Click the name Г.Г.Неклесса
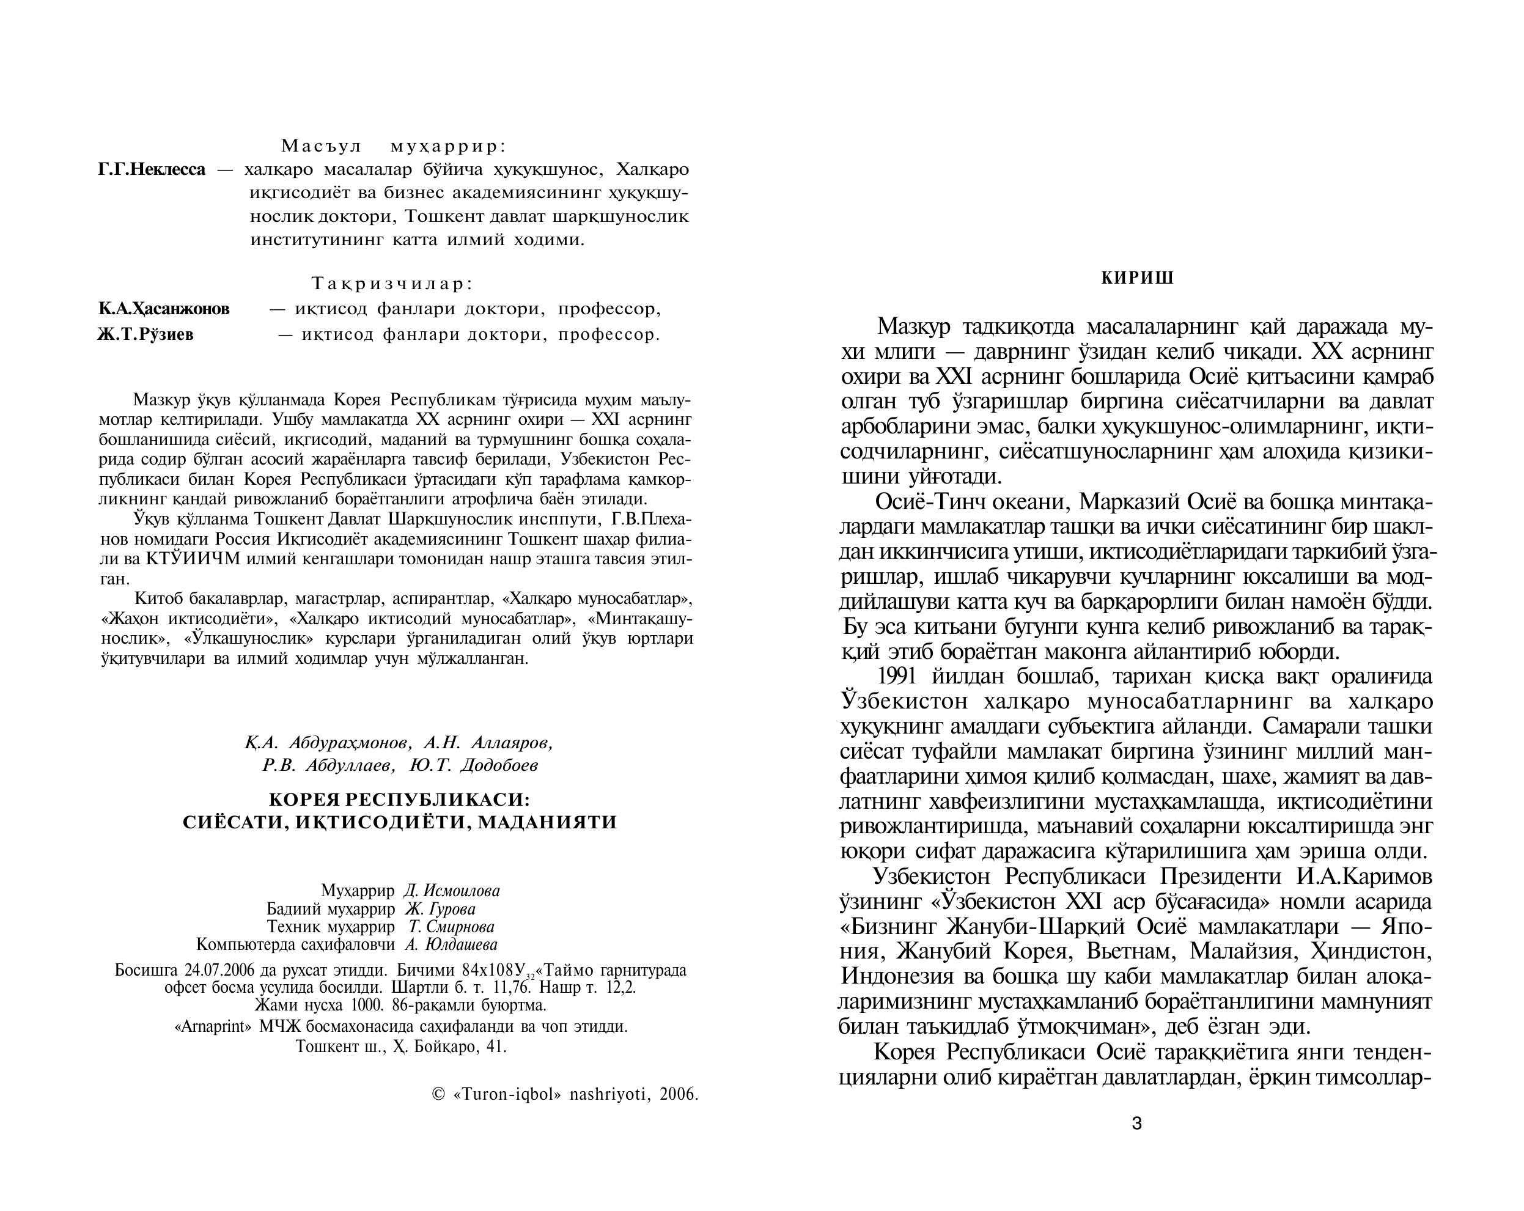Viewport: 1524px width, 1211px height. coord(152,170)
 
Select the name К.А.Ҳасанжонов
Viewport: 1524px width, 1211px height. coord(164,309)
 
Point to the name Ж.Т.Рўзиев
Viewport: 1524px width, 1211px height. coord(145,334)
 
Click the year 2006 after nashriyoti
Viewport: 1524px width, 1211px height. coord(679,1095)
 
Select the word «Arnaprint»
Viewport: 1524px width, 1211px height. coord(213,1026)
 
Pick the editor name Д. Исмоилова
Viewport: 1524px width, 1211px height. coord(451,891)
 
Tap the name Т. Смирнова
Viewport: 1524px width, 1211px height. coord(451,927)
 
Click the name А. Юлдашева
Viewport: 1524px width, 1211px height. coord(451,944)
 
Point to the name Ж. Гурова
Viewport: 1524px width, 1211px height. coord(440,909)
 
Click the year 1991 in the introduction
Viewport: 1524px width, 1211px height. coord(896,677)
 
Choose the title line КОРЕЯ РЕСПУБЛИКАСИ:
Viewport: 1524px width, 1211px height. coord(399,800)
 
